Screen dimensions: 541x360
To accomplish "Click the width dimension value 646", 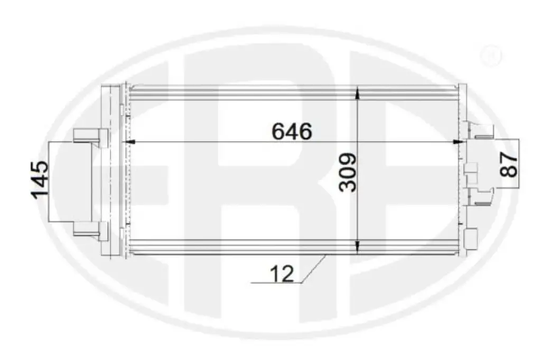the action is (x=292, y=131).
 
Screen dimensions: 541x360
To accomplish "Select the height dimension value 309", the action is (x=348, y=173).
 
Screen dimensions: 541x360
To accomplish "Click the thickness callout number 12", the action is (x=282, y=274).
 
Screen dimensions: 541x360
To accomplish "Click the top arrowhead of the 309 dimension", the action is (x=358, y=92).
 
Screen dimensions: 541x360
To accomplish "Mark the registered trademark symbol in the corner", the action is (x=490, y=56).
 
